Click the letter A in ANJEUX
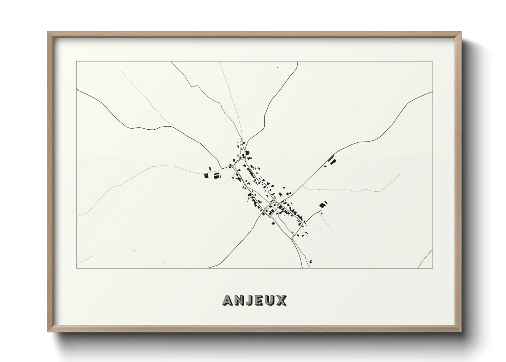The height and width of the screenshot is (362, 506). click(229, 300)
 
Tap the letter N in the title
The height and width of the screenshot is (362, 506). click(241, 300)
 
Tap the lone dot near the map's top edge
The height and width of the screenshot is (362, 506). click(278, 68)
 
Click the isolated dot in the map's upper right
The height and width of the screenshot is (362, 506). click(357, 108)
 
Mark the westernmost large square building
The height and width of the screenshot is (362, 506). click(206, 176)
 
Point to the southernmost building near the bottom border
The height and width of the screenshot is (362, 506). click(310, 261)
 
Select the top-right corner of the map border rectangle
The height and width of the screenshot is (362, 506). click(433, 61)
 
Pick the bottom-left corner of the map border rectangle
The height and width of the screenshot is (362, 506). click(76, 268)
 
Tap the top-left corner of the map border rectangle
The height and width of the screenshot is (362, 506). click(76, 61)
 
